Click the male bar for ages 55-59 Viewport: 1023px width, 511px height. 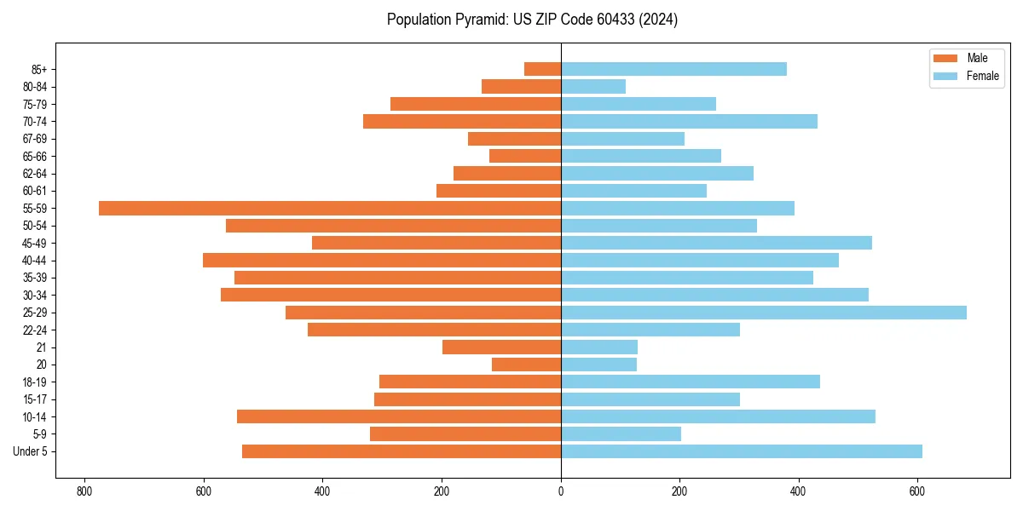[330, 208]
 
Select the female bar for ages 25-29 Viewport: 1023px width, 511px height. [764, 313]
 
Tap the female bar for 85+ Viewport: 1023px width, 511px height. [673, 69]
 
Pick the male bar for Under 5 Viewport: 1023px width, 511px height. [402, 451]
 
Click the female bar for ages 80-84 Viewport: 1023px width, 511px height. [593, 86]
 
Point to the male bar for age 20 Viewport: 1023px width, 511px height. [526, 365]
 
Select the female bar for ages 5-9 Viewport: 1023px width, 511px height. [621, 433]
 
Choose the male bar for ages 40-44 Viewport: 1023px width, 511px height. [382, 260]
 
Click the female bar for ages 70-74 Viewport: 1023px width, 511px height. [689, 121]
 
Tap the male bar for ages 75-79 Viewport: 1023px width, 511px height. [476, 104]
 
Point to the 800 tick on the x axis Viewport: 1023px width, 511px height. [84, 491]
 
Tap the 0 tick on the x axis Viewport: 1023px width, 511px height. [561, 491]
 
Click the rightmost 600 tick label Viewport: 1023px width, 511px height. [917, 491]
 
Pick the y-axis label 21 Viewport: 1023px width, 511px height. [41, 347]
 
